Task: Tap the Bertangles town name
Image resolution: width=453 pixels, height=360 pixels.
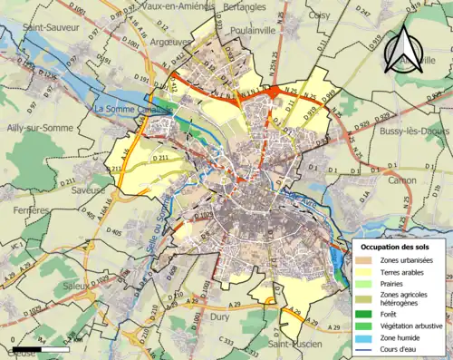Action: point(244,5)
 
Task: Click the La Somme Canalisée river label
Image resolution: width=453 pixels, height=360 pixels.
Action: point(133,110)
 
